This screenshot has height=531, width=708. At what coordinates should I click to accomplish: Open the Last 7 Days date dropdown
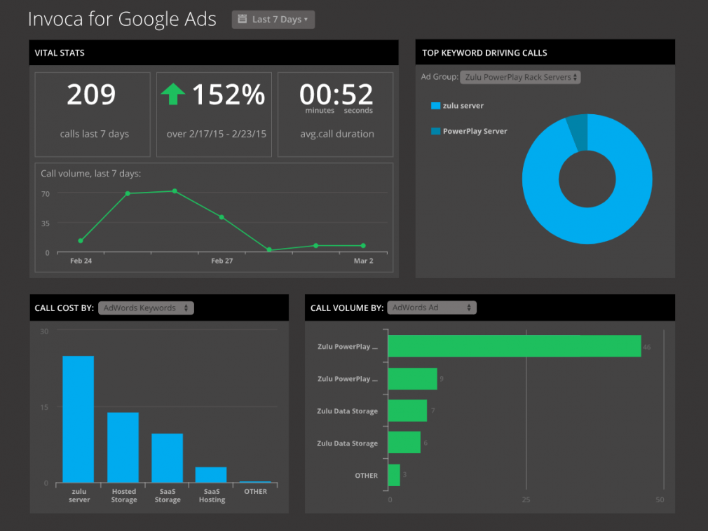(273, 20)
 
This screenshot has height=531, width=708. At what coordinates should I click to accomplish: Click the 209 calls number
(91, 95)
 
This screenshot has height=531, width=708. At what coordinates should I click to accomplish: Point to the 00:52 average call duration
(336, 94)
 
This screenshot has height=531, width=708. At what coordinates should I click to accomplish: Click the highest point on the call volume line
(175, 191)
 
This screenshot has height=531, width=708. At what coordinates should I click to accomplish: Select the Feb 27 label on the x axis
(222, 261)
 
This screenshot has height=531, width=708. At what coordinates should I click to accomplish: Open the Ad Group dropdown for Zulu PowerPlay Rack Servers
(520, 77)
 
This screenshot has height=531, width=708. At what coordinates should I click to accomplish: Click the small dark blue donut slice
(578, 130)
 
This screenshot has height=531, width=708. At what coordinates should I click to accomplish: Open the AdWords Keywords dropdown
(146, 308)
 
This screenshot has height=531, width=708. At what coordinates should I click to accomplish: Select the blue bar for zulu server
(79, 419)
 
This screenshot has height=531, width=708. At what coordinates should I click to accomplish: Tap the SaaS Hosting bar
(211, 474)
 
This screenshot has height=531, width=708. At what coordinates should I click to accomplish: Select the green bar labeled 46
(514, 346)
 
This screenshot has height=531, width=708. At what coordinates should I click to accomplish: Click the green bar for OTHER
(394, 475)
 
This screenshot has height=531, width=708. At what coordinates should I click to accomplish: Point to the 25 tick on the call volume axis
(526, 500)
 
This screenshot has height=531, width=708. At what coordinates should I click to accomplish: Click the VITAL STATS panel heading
(60, 53)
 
